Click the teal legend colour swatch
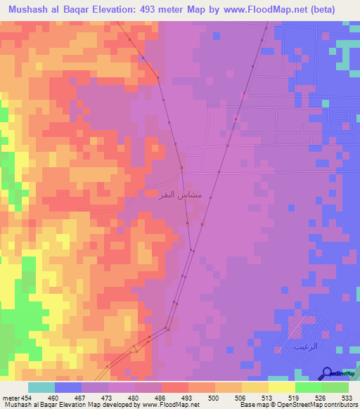tap(41, 387)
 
